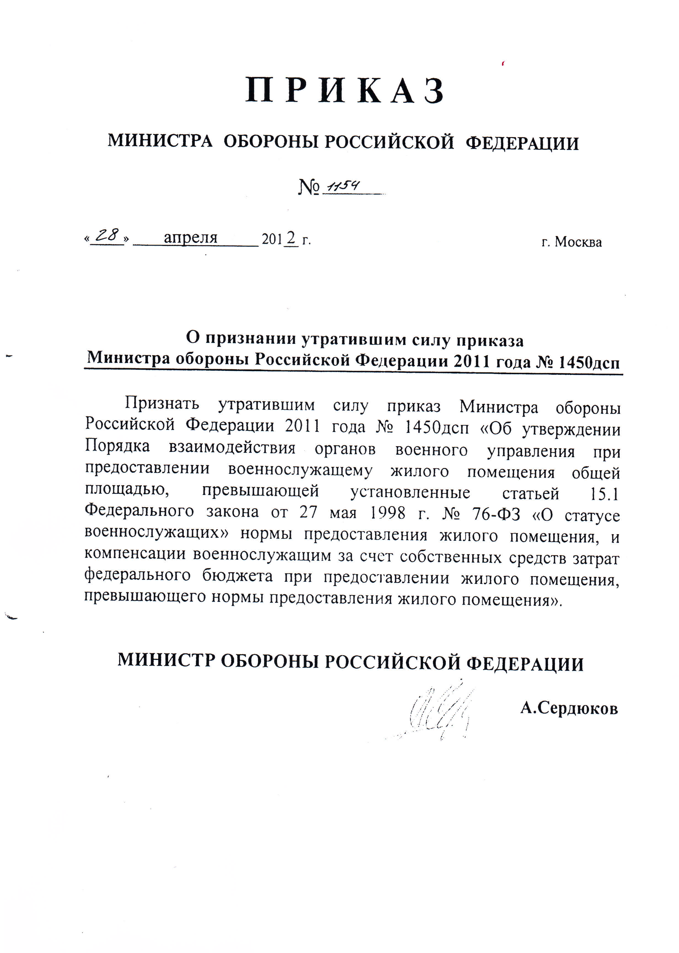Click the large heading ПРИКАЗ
(344, 90)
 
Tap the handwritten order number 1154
(343, 187)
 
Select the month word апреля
(191, 238)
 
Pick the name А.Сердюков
(569, 708)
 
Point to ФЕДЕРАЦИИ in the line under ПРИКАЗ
(522, 143)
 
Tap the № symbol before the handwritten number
(309, 188)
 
